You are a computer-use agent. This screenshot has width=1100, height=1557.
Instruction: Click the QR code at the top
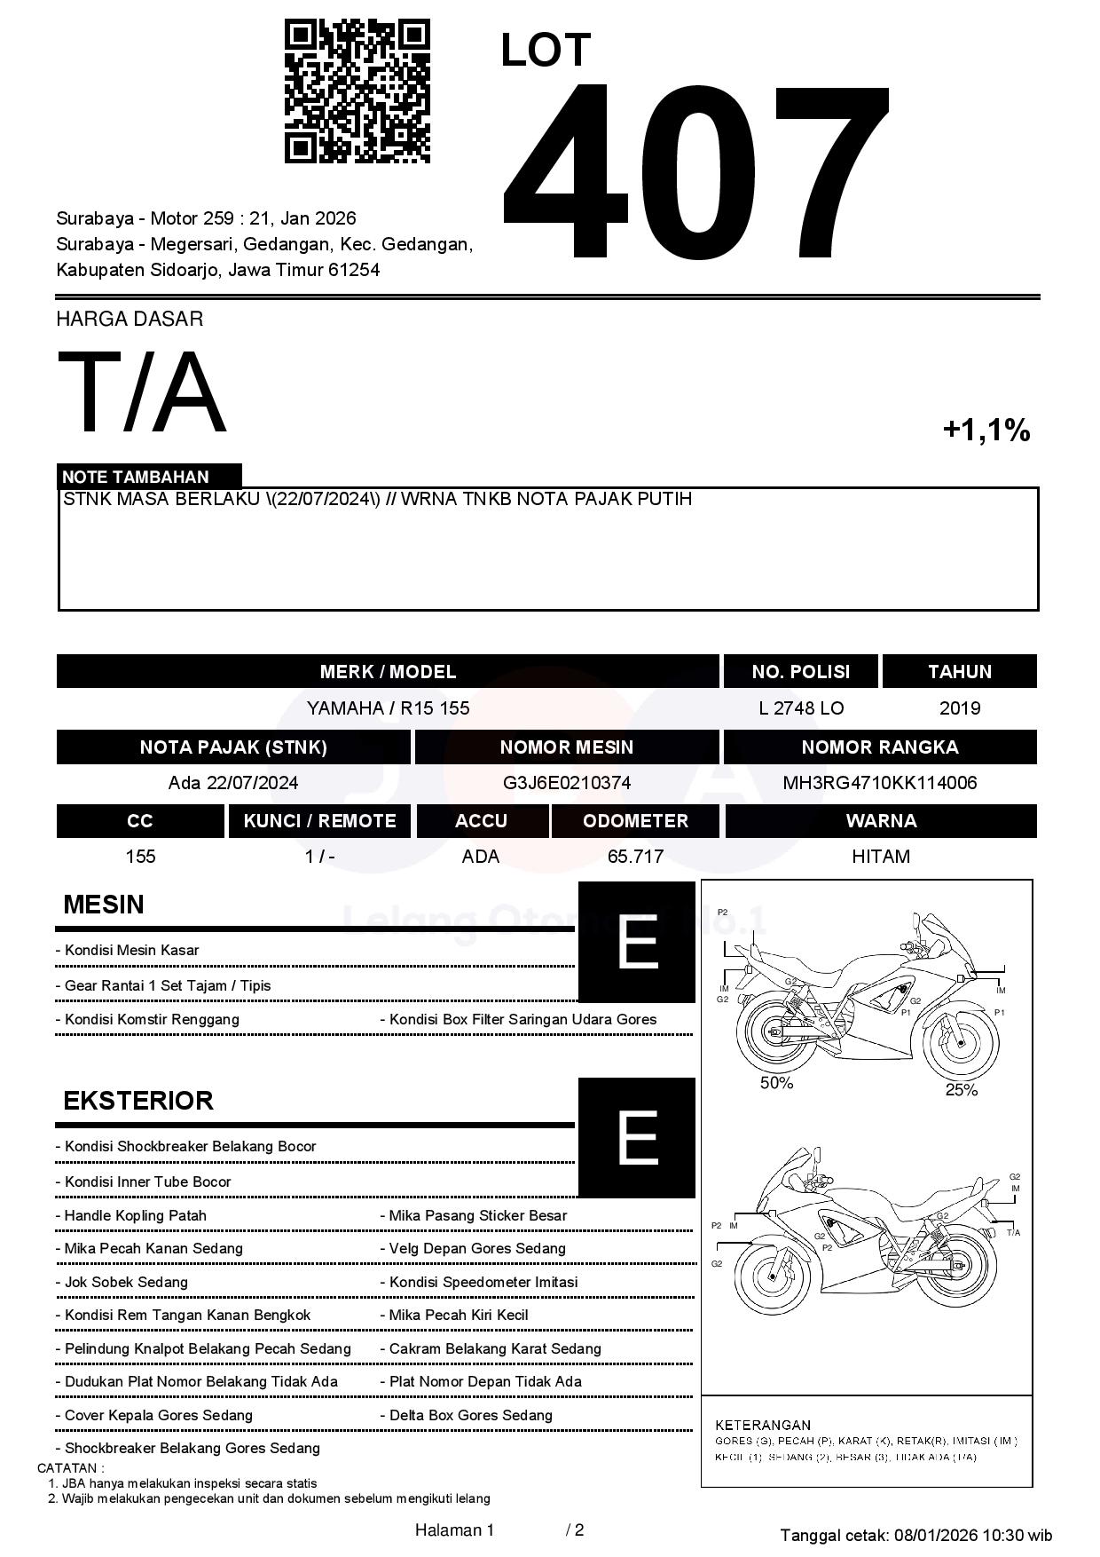[357, 91]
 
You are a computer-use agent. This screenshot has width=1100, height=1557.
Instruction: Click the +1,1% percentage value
[986, 431]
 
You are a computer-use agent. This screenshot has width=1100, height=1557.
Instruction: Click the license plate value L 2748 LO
[801, 708]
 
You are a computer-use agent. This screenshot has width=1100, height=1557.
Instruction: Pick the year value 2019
[960, 708]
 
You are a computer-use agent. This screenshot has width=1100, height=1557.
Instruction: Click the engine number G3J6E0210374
[567, 783]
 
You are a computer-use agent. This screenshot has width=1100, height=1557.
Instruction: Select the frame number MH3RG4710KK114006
[879, 783]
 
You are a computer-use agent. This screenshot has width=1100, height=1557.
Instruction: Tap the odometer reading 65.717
[635, 857]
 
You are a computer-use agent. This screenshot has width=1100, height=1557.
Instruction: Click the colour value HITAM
[881, 857]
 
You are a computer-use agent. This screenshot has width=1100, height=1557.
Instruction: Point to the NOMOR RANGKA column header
[879, 747]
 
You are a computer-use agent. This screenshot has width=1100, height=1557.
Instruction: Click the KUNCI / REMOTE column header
[319, 821]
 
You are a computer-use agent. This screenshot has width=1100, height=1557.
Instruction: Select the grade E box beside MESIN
[637, 942]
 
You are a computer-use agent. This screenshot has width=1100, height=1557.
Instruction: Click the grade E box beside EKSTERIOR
[637, 1137]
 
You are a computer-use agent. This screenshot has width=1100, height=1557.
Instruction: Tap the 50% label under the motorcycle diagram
[776, 1083]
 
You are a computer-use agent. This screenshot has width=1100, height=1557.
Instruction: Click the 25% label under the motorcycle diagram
[961, 1090]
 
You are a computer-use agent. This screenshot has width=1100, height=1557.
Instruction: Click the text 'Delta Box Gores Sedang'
[470, 1415]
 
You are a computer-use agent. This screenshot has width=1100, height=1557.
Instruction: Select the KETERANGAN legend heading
[763, 1426]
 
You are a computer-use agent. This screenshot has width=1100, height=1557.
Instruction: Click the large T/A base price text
[142, 392]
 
